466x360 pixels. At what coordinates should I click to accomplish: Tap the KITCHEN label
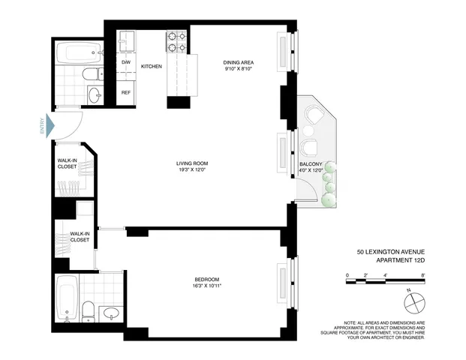152,67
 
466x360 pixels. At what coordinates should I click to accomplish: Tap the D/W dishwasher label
126,62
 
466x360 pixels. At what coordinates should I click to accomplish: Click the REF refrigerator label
126,92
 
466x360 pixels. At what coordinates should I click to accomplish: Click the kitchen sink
126,40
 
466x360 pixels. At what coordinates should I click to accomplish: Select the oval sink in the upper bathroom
95,94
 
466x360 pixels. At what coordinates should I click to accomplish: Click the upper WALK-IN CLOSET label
72,164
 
